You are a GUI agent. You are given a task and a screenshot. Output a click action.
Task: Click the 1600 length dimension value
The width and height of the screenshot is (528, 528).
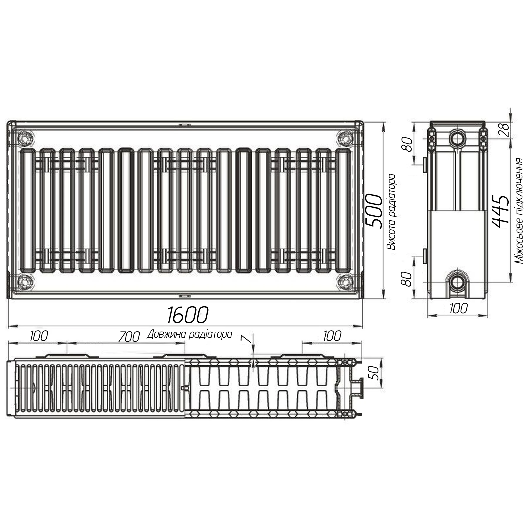point(187,314)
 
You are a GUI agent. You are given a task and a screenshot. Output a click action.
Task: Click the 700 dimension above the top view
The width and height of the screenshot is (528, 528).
point(129,337)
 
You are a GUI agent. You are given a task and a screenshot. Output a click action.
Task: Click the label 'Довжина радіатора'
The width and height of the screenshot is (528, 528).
point(189,334)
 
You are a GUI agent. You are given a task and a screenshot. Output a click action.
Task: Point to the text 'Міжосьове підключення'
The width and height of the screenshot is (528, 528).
point(519,211)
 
